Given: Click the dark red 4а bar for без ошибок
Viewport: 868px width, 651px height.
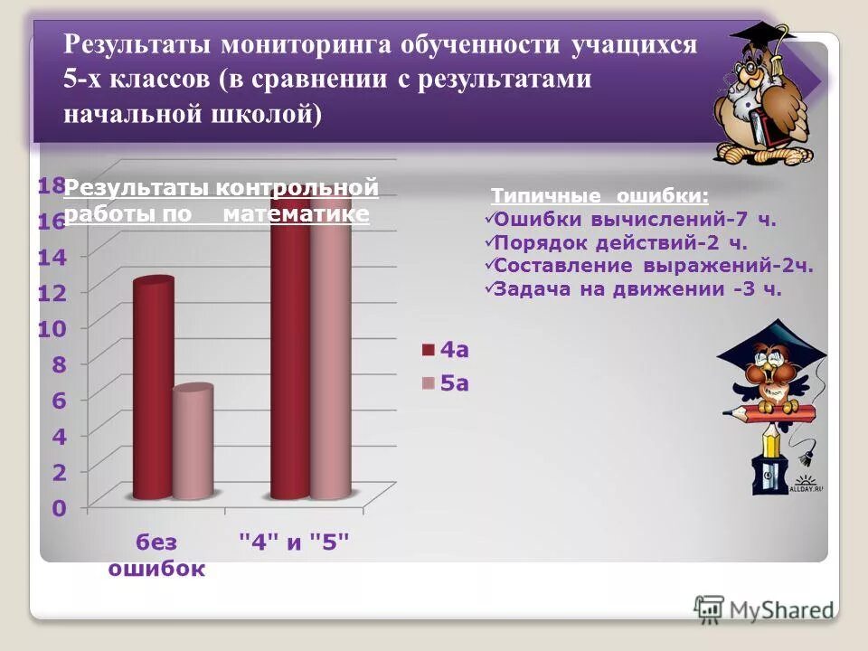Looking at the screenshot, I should pyautogui.click(x=153, y=389).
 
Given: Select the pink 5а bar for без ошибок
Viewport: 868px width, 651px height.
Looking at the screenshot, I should pyautogui.click(x=193, y=443).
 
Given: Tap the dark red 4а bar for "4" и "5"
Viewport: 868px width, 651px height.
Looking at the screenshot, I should pyautogui.click(x=290, y=362).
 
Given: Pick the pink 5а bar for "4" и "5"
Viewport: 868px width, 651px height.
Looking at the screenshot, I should pyautogui.click(x=330, y=362).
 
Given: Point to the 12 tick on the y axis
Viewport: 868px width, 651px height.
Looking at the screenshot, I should pyautogui.click(x=52, y=292).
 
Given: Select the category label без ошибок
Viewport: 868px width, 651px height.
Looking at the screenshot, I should pyautogui.click(x=157, y=555).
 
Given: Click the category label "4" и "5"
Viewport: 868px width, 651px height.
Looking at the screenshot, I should pyautogui.click(x=294, y=542).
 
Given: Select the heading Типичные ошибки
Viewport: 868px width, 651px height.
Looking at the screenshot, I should pyautogui.click(x=599, y=196).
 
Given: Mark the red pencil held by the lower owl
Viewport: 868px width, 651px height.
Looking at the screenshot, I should pyautogui.click(x=769, y=414).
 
